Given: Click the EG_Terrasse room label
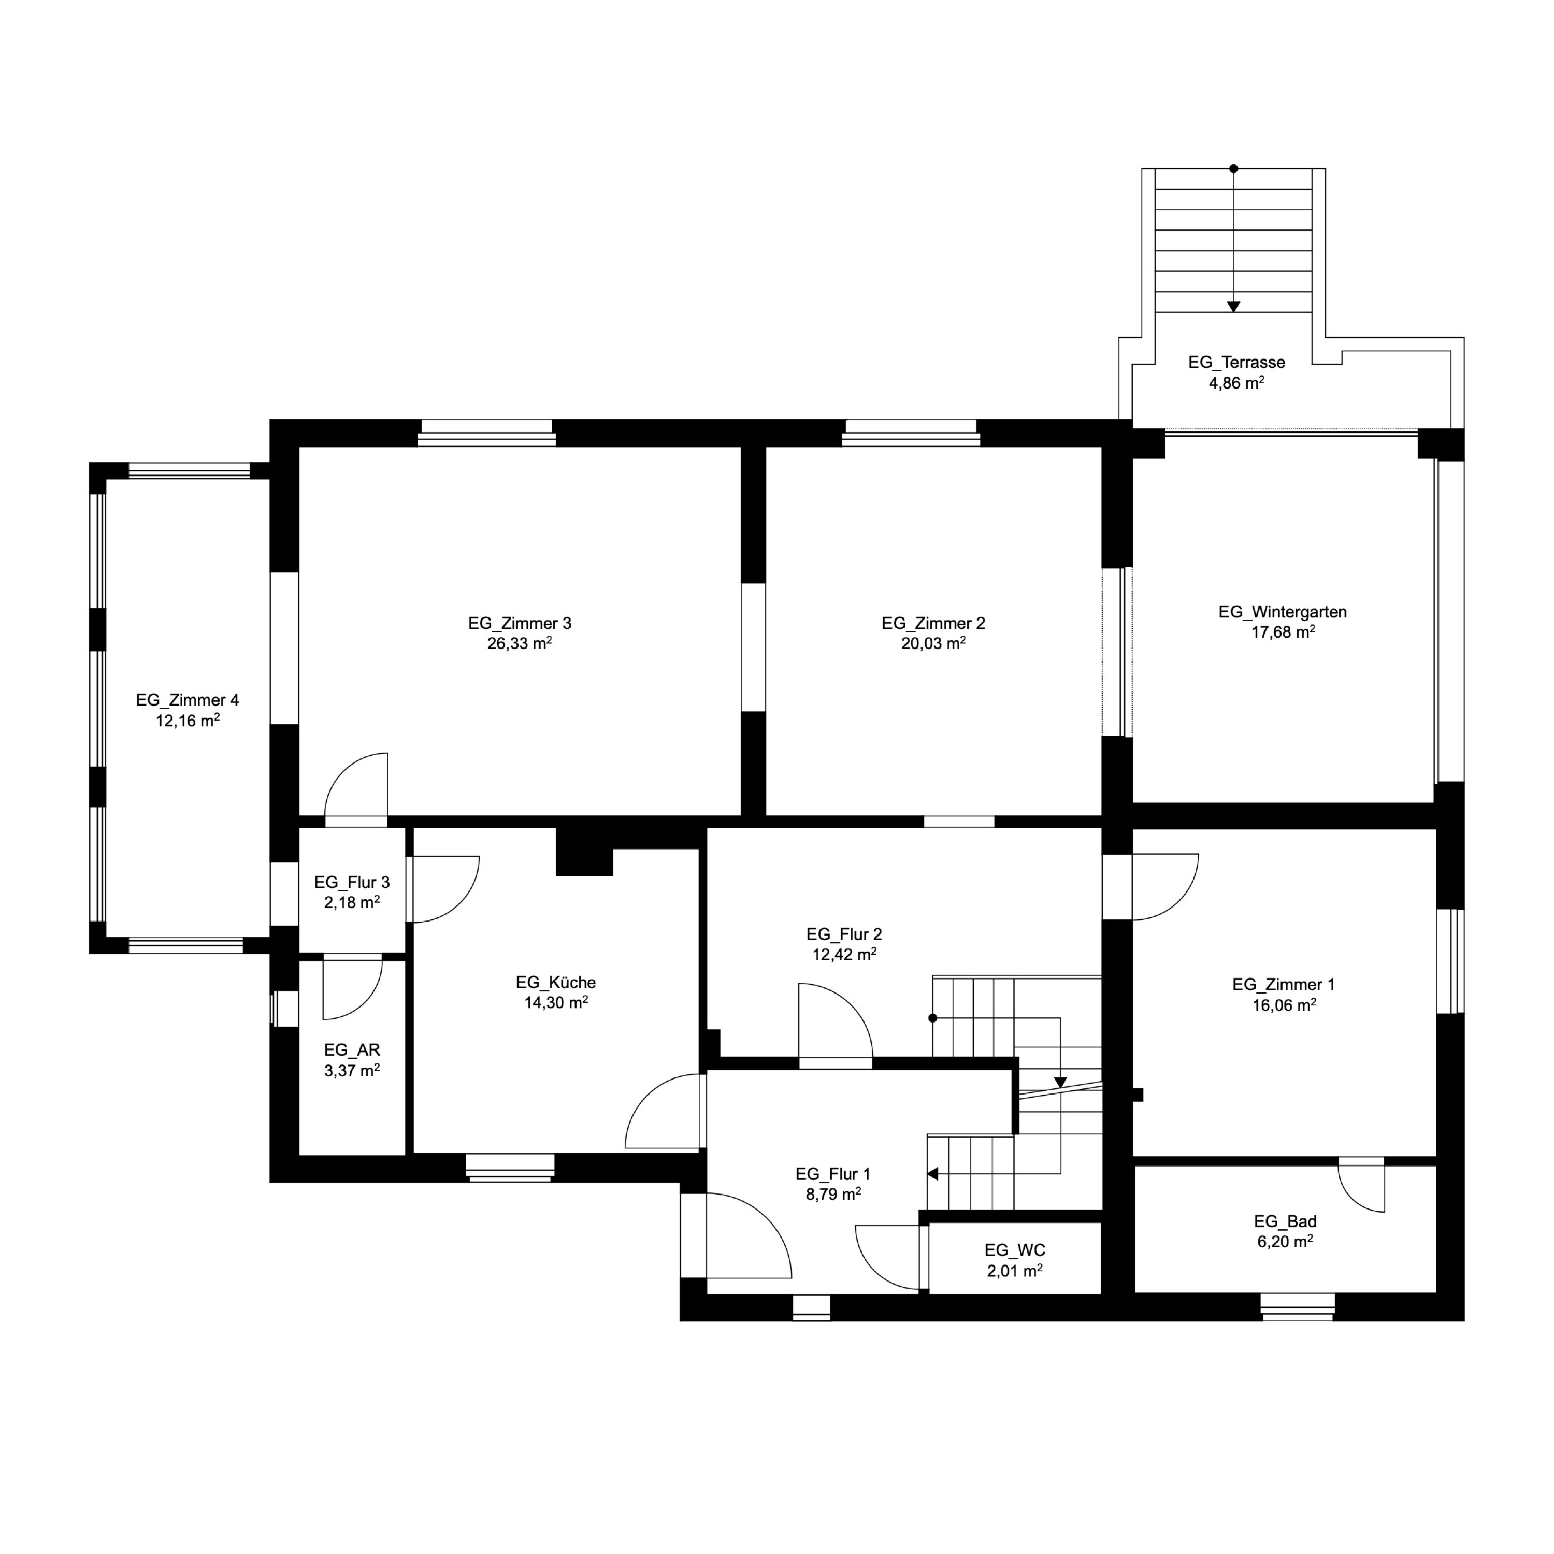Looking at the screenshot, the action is click(1236, 362).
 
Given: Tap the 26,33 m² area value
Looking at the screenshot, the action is click(519, 643).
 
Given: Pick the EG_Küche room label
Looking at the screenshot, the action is click(556, 982).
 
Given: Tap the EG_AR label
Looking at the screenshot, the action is click(352, 1049).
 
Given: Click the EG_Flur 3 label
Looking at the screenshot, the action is click(352, 882).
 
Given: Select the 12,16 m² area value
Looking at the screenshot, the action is click(188, 721).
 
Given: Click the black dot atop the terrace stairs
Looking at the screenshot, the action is click(1233, 169).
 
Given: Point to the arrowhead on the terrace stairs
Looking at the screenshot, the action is click(1233, 307).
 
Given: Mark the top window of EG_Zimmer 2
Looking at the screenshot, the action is click(911, 433).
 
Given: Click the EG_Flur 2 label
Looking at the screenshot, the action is click(844, 934).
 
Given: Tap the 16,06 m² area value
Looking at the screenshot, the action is click(1284, 1004).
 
